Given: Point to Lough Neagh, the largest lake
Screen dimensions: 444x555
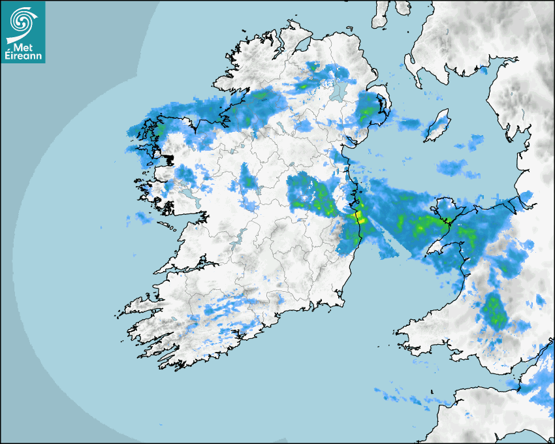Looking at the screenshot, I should tap(338, 91).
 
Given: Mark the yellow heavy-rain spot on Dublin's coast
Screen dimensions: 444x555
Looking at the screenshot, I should tap(358, 216).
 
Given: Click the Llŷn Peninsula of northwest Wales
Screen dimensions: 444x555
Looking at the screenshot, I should tap(436, 246).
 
